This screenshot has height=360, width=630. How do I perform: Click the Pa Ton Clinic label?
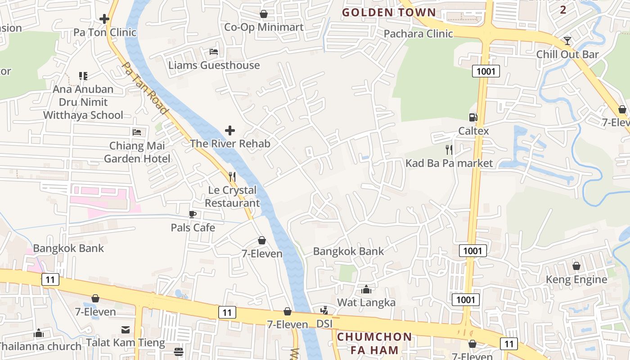[x=105, y=32]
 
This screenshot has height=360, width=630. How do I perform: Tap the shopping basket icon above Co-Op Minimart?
[x=264, y=14]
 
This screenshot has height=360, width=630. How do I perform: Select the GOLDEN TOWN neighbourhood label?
[x=389, y=12]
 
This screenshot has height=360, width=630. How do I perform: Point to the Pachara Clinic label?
[x=418, y=34]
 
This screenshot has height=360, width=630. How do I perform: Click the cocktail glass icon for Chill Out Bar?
[x=567, y=41]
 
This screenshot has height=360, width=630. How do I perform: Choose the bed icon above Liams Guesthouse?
[x=214, y=52]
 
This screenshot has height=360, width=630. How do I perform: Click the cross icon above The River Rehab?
[x=230, y=130]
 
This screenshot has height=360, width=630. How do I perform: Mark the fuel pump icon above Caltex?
[x=473, y=117]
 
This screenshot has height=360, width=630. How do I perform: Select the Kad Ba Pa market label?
[x=449, y=163]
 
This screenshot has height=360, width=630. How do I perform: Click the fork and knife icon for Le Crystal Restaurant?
[x=232, y=176]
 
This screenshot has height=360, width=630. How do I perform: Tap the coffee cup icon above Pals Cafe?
[x=193, y=214]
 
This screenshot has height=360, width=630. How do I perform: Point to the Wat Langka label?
[x=366, y=302]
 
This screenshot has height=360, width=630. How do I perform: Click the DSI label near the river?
[x=324, y=324]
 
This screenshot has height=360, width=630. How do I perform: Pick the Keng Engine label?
[x=576, y=279]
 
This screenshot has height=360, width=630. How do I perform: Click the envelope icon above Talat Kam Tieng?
[x=126, y=330]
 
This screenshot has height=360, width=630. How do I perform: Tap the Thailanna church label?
[x=40, y=346]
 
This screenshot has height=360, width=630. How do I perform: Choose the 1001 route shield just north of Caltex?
[x=486, y=71]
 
